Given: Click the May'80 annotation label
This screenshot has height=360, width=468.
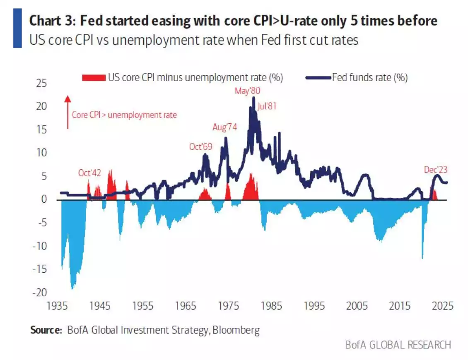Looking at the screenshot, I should pos(247,91).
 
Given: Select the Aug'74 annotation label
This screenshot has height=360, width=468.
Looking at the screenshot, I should pos(225,127).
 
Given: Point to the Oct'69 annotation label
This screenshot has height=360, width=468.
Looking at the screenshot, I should pos(201,147).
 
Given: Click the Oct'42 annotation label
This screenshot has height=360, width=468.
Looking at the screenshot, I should pos(90,173).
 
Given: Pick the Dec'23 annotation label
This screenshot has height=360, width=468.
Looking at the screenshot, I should pos(435,169).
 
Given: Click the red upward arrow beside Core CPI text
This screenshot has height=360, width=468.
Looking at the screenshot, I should pos(68,112).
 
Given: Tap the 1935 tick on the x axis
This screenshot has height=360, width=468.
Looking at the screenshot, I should pos(57,307).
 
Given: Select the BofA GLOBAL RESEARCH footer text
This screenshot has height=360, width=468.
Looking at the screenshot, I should pos(398,344).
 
